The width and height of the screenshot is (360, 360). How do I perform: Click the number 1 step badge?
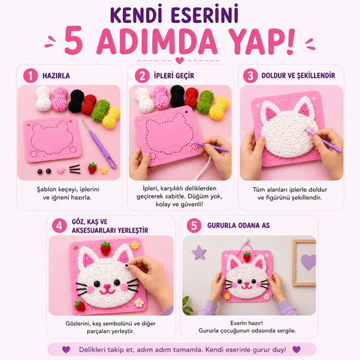[x=30, y=76]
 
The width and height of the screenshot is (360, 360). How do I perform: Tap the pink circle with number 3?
[x=251, y=76]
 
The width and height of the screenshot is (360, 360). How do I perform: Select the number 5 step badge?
[x=194, y=226]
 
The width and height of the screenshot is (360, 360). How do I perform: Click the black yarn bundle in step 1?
[x=76, y=101]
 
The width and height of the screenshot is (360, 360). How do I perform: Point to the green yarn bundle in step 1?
[x=101, y=111]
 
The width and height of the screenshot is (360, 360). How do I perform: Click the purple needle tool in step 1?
[x=99, y=144]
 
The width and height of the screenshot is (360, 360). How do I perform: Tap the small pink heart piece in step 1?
[x=61, y=170]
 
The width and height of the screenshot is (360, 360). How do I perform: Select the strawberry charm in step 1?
[x=93, y=168]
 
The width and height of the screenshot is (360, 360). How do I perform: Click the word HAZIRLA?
[x=56, y=76]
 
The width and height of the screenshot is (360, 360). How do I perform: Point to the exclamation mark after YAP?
[x=290, y=41]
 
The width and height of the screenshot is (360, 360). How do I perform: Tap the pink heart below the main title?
[x=180, y=61]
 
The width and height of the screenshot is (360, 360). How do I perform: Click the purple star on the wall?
[x=199, y=252]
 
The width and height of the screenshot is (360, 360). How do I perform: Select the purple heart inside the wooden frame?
[x=308, y=262]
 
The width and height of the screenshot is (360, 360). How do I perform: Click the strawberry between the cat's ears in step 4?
[x=105, y=249]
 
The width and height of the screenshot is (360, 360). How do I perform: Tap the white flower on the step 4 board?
[x=139, y=303]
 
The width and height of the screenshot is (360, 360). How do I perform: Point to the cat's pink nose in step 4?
[x=107, y=286]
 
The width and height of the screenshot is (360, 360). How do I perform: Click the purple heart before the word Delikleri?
[x=66, y=349]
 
